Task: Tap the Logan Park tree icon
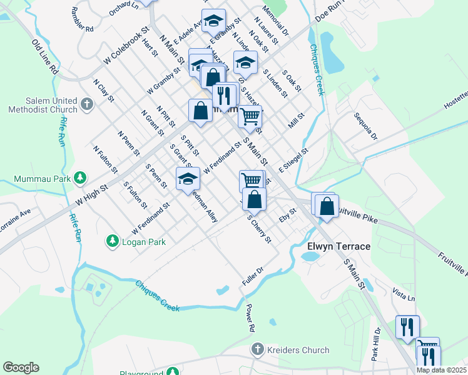point(112,241)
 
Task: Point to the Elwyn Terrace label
point(338,247)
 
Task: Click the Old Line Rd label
point(45,56)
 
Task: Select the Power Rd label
point(250,317)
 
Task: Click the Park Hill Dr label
point(375,345)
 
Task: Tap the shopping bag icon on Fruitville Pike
point(327,206)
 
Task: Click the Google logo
point(21,367)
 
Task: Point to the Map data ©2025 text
point(441,370)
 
